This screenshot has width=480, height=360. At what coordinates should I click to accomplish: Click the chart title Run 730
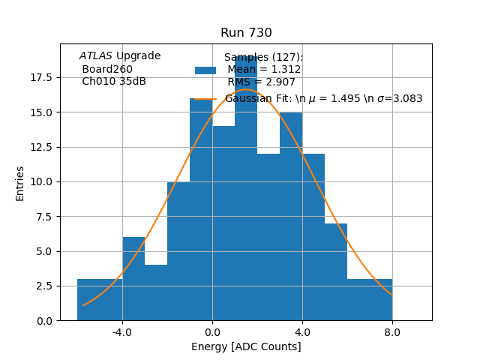coord(246,33)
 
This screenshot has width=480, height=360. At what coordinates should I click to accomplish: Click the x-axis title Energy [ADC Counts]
coord(246,346)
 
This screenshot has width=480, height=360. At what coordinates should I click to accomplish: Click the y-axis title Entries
coord(20,183)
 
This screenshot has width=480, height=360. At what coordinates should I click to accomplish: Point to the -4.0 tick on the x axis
coord(123,331)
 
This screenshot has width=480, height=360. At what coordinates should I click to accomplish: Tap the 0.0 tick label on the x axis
coord(212,331)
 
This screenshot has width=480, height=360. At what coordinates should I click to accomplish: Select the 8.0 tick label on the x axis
coord(392,331)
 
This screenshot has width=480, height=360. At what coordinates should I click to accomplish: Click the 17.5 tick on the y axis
coord(40,77)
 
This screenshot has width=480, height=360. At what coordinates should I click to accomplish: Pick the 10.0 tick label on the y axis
coord(40,181)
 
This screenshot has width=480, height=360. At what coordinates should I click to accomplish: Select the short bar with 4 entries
coord(156,292)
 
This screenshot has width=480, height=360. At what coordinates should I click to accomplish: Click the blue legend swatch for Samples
coord(205,70)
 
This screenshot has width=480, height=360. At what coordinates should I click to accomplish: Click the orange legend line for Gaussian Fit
coord(205,98)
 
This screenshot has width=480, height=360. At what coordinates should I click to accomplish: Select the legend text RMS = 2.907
coord(264,82)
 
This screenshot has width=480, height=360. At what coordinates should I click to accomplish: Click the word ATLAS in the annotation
coord(95,56)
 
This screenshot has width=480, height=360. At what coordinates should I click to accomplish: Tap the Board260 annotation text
coord(107,69)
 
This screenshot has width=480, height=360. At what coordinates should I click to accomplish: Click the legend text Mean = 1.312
coord(264,70)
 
